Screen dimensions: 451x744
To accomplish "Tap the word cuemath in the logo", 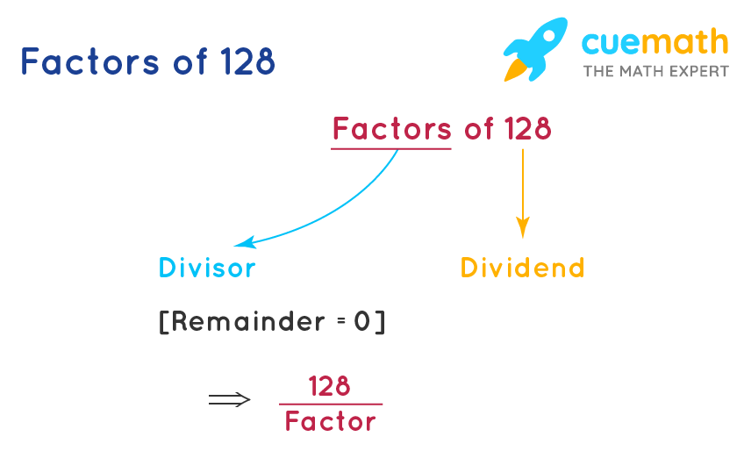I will coord(655,41).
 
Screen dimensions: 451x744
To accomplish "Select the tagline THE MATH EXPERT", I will coord(655,71).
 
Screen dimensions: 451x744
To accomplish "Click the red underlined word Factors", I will coord(391,129).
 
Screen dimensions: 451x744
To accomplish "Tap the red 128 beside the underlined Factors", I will coord(528,129).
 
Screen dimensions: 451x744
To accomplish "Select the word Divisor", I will coord(207,267).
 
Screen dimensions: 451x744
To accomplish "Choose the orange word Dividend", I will coord(522,267).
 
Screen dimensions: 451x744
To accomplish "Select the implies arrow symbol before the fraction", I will coord(229,400).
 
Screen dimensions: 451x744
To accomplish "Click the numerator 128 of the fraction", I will coord(330,385).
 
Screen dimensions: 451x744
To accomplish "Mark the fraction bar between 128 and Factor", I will coord(331,404).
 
